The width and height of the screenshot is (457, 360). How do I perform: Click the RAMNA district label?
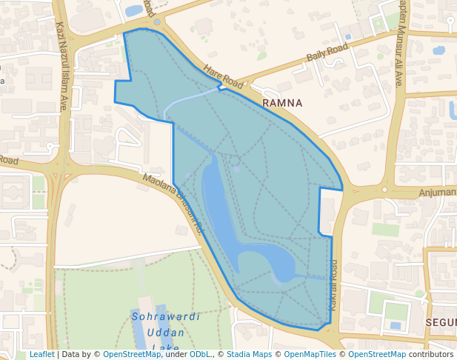click(283, 103)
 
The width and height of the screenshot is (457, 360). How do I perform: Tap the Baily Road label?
click(327, 53)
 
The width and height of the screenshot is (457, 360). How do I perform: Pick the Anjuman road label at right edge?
click(438, 193)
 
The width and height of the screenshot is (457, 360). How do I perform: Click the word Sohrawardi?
click(166, 316)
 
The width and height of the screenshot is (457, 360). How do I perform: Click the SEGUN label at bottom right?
click(441, 323)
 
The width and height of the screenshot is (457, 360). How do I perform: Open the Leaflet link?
click(41, 355)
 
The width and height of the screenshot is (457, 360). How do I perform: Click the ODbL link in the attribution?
click(201, 355)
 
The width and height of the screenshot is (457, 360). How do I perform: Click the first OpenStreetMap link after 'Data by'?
click(132, 355)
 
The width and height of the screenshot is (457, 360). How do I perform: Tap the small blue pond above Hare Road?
click(135, 10)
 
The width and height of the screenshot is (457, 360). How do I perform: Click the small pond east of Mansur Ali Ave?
click(438, 51)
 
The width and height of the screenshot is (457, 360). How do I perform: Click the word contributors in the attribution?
click(430, 355)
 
